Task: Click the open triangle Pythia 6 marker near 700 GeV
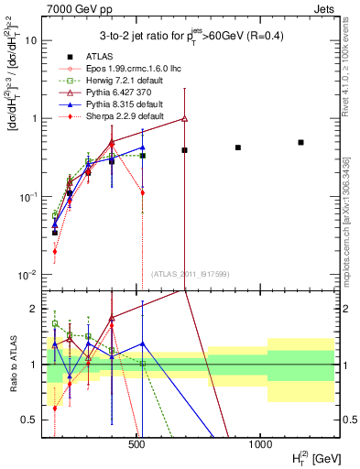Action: click(185, 118)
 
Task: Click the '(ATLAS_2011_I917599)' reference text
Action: click(191, 275)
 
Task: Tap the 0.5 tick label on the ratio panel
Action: click(31, 420)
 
